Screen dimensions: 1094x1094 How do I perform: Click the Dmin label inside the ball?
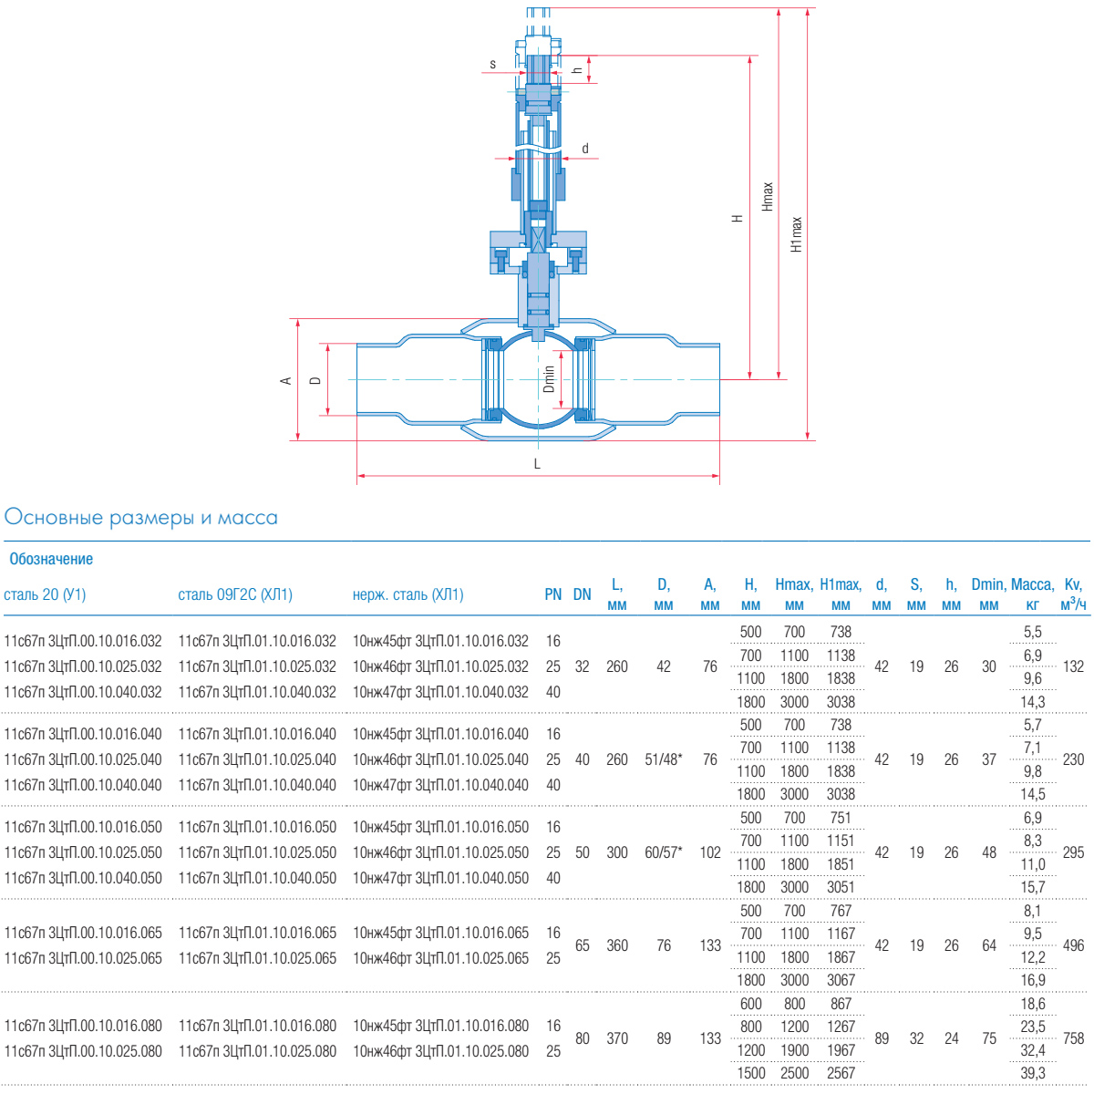click(x=549, y=378)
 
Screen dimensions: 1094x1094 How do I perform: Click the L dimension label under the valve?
click(x=537, y=464)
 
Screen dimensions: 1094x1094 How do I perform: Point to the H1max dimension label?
click(x=797, y=234)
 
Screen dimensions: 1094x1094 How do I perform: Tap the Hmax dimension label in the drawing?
click(x=767, y=196)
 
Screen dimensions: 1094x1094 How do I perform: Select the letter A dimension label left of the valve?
click(x=285, y=380)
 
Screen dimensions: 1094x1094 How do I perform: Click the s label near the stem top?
click(x=492, y=64)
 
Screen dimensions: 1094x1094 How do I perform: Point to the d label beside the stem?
click(x=585, y=149)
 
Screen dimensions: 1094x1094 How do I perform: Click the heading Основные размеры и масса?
click(x=140, y=517)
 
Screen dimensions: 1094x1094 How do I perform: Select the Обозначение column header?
click(x=51, y=559)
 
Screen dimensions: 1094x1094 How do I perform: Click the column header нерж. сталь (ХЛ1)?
click(x=408, y=594)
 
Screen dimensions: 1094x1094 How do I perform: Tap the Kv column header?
click(x=1073, y=593)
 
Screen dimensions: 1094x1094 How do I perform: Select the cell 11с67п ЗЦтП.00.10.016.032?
click(x=83, y=641)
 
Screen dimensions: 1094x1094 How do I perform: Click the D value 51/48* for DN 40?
click(x=663, y=759)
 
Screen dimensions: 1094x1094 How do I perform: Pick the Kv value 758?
click(x=1073, y=1038)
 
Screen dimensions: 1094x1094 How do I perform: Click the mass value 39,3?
click(x=1032, y=1073)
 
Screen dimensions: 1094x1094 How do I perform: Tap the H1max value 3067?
click(x=841, y=980)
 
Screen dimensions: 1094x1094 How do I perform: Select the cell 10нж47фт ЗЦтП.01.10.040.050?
click(x=440, y=878)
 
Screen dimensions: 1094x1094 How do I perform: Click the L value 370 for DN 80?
click(x=617, y=1038)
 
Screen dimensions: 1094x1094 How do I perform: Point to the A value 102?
click(x=709, y=852)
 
